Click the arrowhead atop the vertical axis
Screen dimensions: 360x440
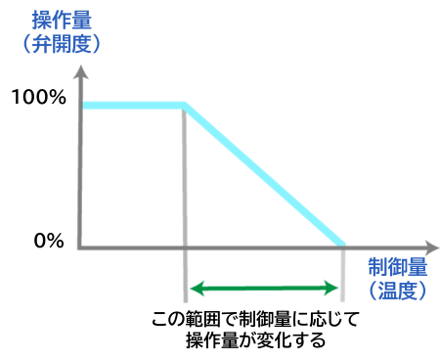click(80, 70)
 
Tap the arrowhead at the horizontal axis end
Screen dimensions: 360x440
click(431, 247)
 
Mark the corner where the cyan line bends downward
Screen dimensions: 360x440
click(185, 105)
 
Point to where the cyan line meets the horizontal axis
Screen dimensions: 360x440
click(342, 244)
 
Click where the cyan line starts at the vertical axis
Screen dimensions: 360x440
click(85, 105)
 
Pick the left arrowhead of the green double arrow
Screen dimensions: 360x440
click(194, 288)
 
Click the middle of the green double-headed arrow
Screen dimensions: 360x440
click(264, 288)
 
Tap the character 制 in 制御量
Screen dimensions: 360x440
click(377, 268)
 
